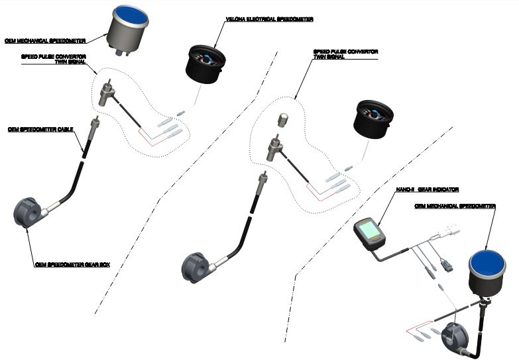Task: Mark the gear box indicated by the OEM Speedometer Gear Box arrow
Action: (29, 212)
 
